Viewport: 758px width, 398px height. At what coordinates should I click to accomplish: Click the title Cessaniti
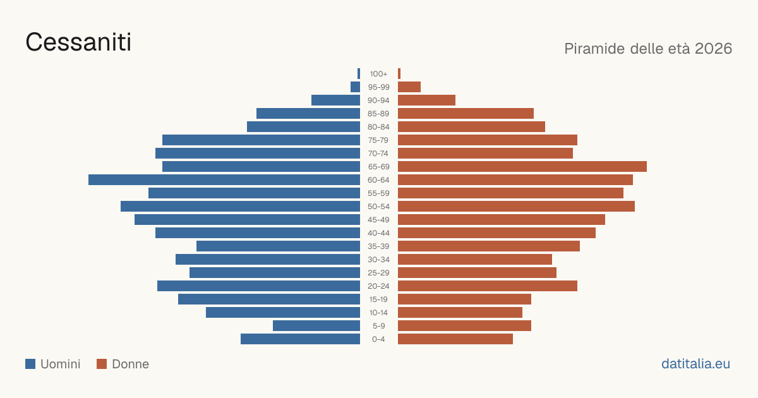point(78,42)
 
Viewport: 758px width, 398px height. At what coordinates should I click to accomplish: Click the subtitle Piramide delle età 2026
point(648,49)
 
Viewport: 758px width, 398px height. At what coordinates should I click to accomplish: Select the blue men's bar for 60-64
point(224,179)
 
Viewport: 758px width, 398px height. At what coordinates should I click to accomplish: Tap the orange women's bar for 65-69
point(522,167)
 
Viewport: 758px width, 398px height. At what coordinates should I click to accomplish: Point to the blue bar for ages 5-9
point(316,325)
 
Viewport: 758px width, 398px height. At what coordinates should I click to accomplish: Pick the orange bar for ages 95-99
point(409,87)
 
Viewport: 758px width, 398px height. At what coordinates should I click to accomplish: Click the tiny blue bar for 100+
point(359,74)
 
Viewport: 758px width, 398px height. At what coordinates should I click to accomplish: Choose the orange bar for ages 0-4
point(455,339)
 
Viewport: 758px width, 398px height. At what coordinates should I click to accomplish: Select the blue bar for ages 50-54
point(240,207)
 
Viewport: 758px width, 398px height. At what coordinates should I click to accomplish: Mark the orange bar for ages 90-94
point(426,100)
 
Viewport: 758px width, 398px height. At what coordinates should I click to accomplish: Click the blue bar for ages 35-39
point(278,246)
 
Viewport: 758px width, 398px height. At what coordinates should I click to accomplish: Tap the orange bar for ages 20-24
point(488,286)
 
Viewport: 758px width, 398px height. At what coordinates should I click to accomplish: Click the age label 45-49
point(378,220)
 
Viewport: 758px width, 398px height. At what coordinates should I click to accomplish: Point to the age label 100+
point(378,74)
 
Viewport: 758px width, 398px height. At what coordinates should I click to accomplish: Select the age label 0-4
point(378,339)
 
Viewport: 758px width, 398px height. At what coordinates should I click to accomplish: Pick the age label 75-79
point(378,140)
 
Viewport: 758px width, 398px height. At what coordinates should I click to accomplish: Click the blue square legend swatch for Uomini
point(30,364)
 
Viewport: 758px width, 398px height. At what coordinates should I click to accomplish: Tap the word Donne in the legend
point(130,364)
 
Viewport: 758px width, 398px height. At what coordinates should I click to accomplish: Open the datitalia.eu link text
point(695,364)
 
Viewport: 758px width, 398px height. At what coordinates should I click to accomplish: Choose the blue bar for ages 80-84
point(304,127)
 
